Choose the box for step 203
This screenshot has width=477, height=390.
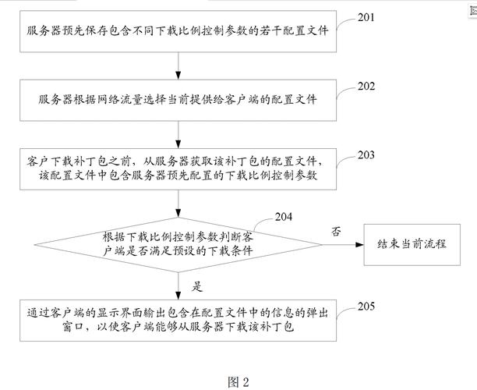tap(178, 169)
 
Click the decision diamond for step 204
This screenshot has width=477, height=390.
tap(178, 243)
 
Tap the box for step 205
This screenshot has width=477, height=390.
tap(178, 319)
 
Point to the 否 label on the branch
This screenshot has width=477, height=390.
tap(337, 232)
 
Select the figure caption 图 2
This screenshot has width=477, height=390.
tap(238, 381)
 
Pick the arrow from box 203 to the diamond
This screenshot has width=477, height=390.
tap(178, 204)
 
